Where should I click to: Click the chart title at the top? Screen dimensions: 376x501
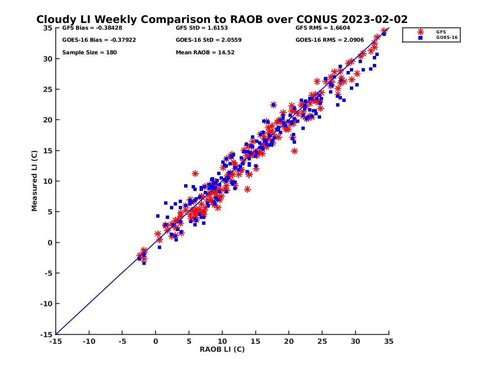coord(222,20)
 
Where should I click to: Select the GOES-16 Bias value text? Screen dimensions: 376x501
coord(99,40)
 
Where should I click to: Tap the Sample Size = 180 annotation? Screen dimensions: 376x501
coord(89,53)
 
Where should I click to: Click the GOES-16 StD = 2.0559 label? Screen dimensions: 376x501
coord(209,40)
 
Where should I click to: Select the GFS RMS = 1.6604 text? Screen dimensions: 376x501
coord(323,28)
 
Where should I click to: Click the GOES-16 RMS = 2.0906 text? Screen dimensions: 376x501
coord(329,40)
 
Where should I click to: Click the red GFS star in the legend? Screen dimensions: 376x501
coord(420,32)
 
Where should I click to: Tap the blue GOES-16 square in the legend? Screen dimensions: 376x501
coord(420,38)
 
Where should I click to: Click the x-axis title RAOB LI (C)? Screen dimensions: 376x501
coord(222,349)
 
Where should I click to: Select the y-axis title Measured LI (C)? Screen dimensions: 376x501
coord(34,181)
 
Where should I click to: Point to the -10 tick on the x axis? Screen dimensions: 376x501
coord(89,342)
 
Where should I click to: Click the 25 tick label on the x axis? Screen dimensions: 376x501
coord(322,342)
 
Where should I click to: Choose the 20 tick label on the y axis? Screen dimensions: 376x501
coord(48,120)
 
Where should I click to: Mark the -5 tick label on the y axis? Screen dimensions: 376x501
coord(49,273)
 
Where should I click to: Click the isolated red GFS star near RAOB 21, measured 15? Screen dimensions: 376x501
coord(294,151)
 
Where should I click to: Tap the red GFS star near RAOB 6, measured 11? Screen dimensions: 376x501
coord(195,173)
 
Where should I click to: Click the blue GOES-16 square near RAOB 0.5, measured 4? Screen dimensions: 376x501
coord(158,216)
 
